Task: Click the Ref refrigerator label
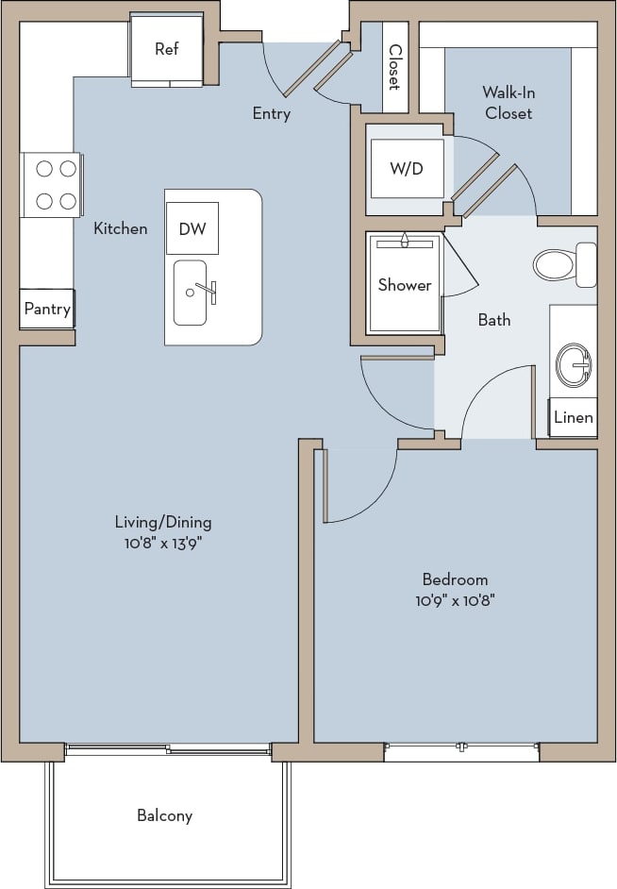[x=166, y=49]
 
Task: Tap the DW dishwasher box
[x=192, y=228]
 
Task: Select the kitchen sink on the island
[x=191, y=293]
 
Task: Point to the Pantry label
[x=47, y=310]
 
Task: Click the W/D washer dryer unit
[x=407, y=169]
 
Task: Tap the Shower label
[x=405, y=285]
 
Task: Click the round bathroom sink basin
[x=574, y=364]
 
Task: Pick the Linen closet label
[x=574, y=417]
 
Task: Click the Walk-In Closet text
[x=509, y=103]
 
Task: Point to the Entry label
[x=272, y=113]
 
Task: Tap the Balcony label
[x=164, y=815]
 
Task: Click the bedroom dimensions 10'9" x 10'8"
[x=455, y=599]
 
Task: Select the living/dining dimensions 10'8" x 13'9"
[x=162, y=543]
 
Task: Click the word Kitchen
[x=120, y=228]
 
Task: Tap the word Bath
[x=494, y=320]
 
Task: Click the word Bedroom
[x=455, y=579]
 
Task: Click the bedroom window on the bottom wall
[x=461, y=751]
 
